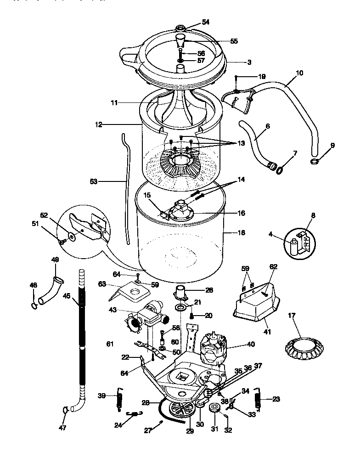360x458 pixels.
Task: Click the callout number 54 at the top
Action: click(205, 23)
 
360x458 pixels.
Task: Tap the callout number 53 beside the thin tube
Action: click(94, 181)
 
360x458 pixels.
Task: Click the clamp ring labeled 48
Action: click(34, 305)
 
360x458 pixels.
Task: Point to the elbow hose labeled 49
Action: click(50, 290)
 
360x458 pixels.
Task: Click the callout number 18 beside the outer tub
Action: click(242, 232)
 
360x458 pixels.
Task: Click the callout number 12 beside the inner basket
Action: click(99, 124)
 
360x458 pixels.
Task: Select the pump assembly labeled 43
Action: click(147, 318)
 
